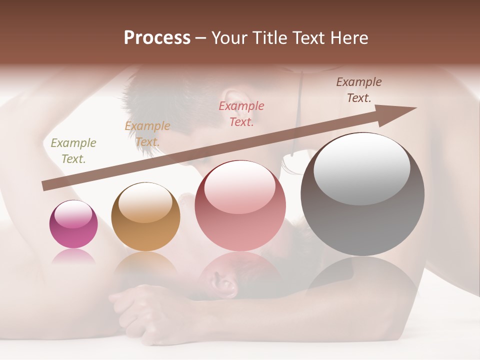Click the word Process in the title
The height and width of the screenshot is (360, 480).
click(x=157, y=38)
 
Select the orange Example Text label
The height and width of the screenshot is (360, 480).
click(x=147, y=134)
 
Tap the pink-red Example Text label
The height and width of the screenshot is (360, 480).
click(x=241, y=113)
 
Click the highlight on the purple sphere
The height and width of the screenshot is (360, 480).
click(x=73, y=213)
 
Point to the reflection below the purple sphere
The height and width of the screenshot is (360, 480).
click(x=73, y=257)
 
